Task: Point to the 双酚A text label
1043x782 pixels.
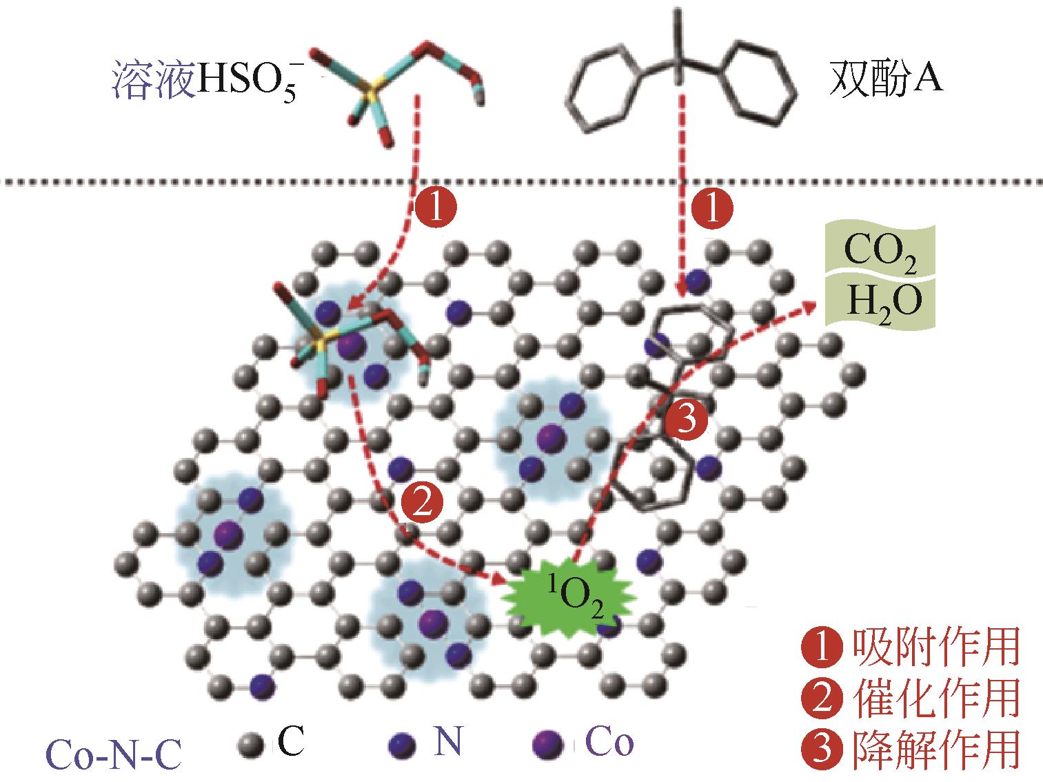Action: (x=885, y=81)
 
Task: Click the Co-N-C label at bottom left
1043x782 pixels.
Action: (x=113, y=754)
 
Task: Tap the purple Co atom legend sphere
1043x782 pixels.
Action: (x=548, y=745)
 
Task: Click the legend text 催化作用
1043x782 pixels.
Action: (x=935, y=698)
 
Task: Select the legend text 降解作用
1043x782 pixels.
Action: (x=935, y=749)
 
